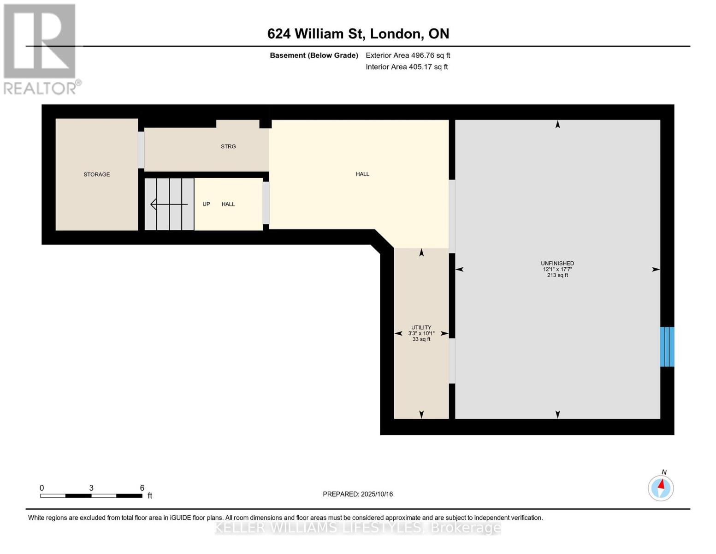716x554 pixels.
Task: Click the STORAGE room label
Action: click(x=96, y=175)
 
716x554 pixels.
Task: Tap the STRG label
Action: click(x=228, y=146)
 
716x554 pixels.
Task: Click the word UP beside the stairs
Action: click(x=206, y=204)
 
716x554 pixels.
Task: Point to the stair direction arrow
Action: click(x=169, y=204)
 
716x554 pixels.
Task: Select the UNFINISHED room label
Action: click(x=557, y=263)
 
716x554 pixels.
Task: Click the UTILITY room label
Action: click(x=421, y=327)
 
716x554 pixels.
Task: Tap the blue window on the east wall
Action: click(x=667, y=347)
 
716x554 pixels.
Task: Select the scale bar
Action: click(x=91, y=496)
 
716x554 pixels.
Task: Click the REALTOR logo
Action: click(x=40, y=49)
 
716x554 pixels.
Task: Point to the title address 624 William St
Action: click(x=358, y=34)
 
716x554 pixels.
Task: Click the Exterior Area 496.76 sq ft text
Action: click(x=408, y=55)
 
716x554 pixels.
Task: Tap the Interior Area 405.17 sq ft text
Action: click(x=407, y=67)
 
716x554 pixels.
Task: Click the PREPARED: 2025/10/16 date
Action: click(x=358, y=494)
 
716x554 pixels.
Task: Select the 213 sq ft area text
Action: click(x=557, y=275)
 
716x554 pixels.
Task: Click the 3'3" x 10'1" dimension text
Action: click(x=421, y=333)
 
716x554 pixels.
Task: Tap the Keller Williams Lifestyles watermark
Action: click(x=358, y=528)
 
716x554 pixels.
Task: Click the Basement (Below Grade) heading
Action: click(x=314, y=55)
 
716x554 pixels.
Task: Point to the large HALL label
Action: click(x=362, y=174)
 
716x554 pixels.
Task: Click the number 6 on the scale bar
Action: click(x=142, y=488)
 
